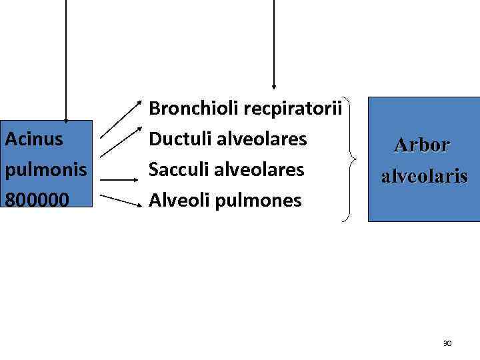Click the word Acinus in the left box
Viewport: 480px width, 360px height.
pyautogui.click(x=34, y=139)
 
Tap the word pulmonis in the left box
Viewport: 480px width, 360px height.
pyautogui.click(x=46, y=169)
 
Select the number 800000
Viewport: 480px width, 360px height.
pyautogui.click(x=39, y=199)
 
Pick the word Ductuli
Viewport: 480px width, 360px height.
pyautogui.click(x=178, y=139)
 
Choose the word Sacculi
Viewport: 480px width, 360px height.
pyautogui.click(x=178, y=169)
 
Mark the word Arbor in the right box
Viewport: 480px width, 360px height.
pyautogui.click(x=422, y=144)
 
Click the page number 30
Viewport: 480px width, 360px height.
pyautogui.click(x=447, y=343)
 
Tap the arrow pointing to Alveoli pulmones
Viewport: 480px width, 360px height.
pyautogui.click(x=121, y=199)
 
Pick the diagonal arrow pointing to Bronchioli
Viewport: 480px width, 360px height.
pyautogui.click(x=123, y=120)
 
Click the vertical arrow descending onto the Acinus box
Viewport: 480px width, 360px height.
pyautogui.click(x=65, y=60)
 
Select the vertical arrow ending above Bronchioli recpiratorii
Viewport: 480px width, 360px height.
pyautogui.click(x=273, y=43)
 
